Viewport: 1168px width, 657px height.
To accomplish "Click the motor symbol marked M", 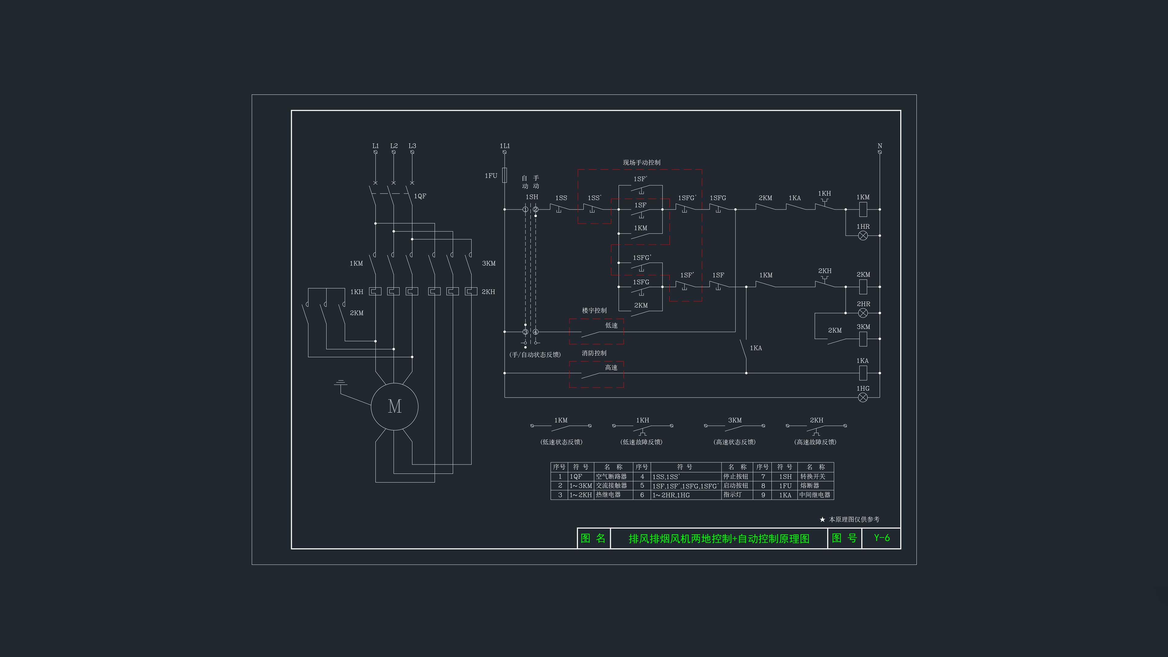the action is point(395,406).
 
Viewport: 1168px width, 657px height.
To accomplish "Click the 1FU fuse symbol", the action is point(505,175).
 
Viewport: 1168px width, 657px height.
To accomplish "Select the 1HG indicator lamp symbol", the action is point(863,398).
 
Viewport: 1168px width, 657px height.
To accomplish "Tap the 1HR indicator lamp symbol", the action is point(863,235).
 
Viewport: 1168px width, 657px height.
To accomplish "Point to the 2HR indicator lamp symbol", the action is point(863,313).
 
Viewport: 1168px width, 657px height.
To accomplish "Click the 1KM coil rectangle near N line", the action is point(863,210).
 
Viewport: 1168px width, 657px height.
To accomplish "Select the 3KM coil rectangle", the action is point(863,339).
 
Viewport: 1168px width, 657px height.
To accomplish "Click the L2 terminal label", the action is point(394,146).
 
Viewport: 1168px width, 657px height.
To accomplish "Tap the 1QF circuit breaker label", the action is point(420,196).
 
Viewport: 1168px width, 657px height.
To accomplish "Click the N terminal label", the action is point(880,146).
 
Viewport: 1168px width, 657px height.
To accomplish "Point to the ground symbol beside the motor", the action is point(341,383).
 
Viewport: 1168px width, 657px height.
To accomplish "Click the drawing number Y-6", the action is point(882,538).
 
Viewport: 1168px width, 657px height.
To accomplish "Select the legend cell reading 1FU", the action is point(785,486).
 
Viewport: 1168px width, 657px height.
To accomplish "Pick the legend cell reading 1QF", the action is point(576,477).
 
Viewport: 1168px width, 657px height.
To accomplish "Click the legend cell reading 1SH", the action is point(785,477).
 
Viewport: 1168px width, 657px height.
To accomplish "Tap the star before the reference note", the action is point(822,520).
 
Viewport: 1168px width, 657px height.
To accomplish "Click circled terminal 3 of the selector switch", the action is point(526,332).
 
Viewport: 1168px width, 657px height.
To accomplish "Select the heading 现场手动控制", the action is point(641,162).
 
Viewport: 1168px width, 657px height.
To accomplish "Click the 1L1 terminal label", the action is point(505,146).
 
